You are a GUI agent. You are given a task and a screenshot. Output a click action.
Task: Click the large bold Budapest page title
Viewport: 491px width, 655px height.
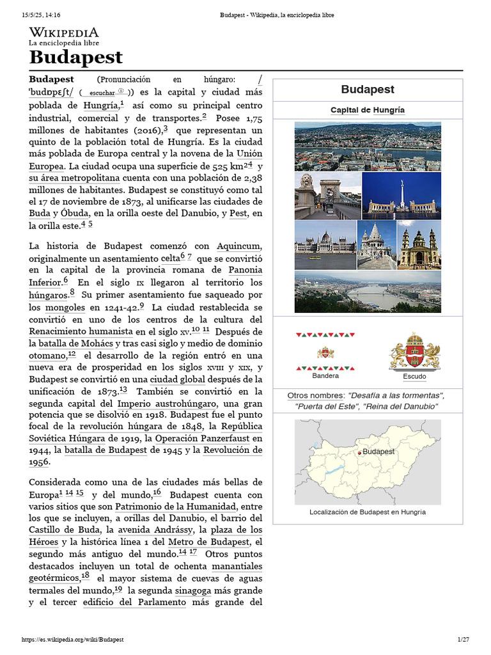coord(75,57)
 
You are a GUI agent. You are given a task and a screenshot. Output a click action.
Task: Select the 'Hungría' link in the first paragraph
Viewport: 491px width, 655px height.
coord(100,106)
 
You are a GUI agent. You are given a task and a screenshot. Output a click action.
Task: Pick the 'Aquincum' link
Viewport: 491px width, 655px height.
coord(239,246)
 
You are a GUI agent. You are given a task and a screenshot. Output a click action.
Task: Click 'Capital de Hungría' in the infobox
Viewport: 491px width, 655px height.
coord(368,110)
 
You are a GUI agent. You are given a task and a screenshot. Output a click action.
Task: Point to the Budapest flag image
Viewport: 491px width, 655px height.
coord(325,352)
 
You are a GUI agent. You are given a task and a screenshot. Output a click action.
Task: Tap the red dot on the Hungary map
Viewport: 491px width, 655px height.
coord(360,453)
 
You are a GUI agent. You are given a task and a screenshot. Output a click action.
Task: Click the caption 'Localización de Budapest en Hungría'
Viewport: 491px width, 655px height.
coord(368,512)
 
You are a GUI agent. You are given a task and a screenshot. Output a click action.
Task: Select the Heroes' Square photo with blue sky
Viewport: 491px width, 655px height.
coord(401,195)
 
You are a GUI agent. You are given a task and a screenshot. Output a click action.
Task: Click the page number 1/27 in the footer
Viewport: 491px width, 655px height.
coord(463,640)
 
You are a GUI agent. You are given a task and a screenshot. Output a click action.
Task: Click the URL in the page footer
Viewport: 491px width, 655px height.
coord(72,640)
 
